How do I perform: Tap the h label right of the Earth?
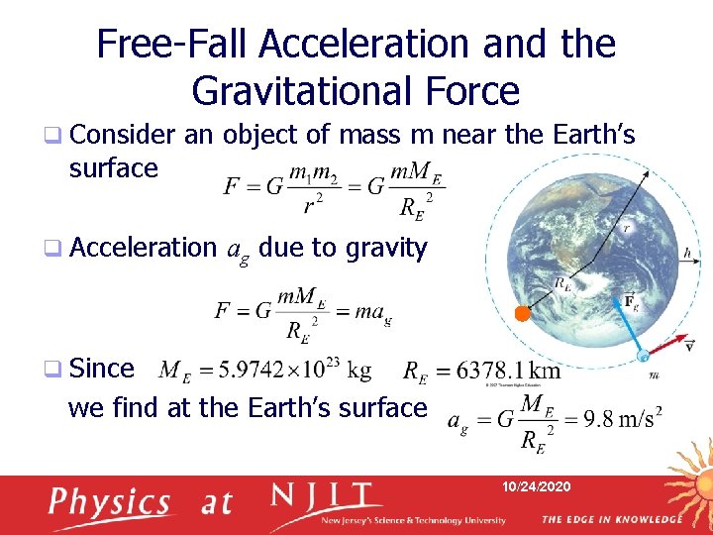(x=687, y=253)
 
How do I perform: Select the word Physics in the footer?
(x=112, y=502)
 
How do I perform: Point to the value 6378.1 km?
(x=509, y=372)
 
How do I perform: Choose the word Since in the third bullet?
(x=103, y=369)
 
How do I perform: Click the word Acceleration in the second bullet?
(x=143, y=248)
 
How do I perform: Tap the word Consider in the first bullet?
(x=123, y=135)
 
